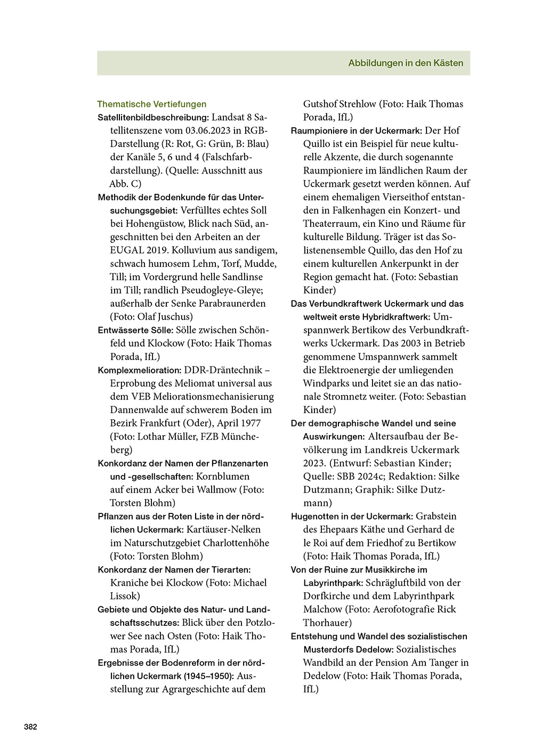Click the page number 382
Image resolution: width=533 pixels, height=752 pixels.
point(30,726)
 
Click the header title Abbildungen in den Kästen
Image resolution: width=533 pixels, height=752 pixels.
point(406,63)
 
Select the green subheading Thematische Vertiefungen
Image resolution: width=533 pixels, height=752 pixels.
point(151,104)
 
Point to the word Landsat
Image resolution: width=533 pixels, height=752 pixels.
point(228,117)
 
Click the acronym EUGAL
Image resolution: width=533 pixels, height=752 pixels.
point(127,250)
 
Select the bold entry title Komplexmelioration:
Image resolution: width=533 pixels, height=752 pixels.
point(140,370)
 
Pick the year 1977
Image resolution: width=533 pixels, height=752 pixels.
point(251,423)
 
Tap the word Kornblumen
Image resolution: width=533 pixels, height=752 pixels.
point(222,477)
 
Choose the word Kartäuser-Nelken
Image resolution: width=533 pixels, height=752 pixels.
point(223,530)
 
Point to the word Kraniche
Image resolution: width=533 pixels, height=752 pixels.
point(128,583)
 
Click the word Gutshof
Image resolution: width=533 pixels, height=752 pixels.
point(321,104)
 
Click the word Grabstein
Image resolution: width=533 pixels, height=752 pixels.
point(436,517)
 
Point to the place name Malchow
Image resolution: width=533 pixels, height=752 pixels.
point(322,609)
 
